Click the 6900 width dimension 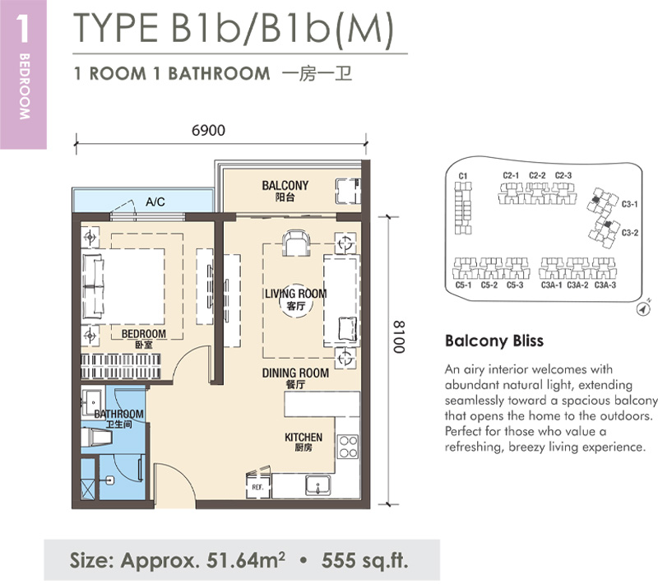pyautogui.click(x=208, y=131)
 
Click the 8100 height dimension pyautogui.click(x=399, y=337)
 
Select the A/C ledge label pyautogui.click(x=155, y=202)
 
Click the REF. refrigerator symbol pyautogui.click(x=257, y=487)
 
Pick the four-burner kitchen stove pyautogui.click(x=348, y=447)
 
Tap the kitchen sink pyautogui.click(x=317, y=485)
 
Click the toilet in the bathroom pyautogui.click(x=97, y=438)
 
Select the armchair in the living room pyautogui.click(x=296, y=243)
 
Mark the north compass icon pyautogui.click(x=643, y=308)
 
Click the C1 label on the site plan pyautogui.click(x=463, y=176)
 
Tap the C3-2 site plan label pyautogui.click(x=630, y=233)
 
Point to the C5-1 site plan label pyautogui.click(x=464, y=285)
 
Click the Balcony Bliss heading pyautogui.click(x=494, y=341)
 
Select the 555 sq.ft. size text pyautogui.click(x=364, y=560)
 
